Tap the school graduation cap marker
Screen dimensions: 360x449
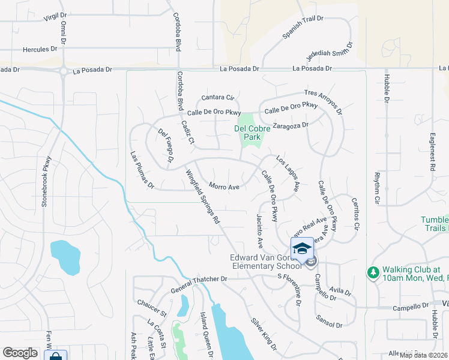(301, 248)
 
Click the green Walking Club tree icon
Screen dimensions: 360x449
(373, 273)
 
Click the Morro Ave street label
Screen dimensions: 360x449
(224, 187)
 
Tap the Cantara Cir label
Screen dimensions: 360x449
(217, 97)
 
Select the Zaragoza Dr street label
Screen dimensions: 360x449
(290, 125)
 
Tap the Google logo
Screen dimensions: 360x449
(20, 353)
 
